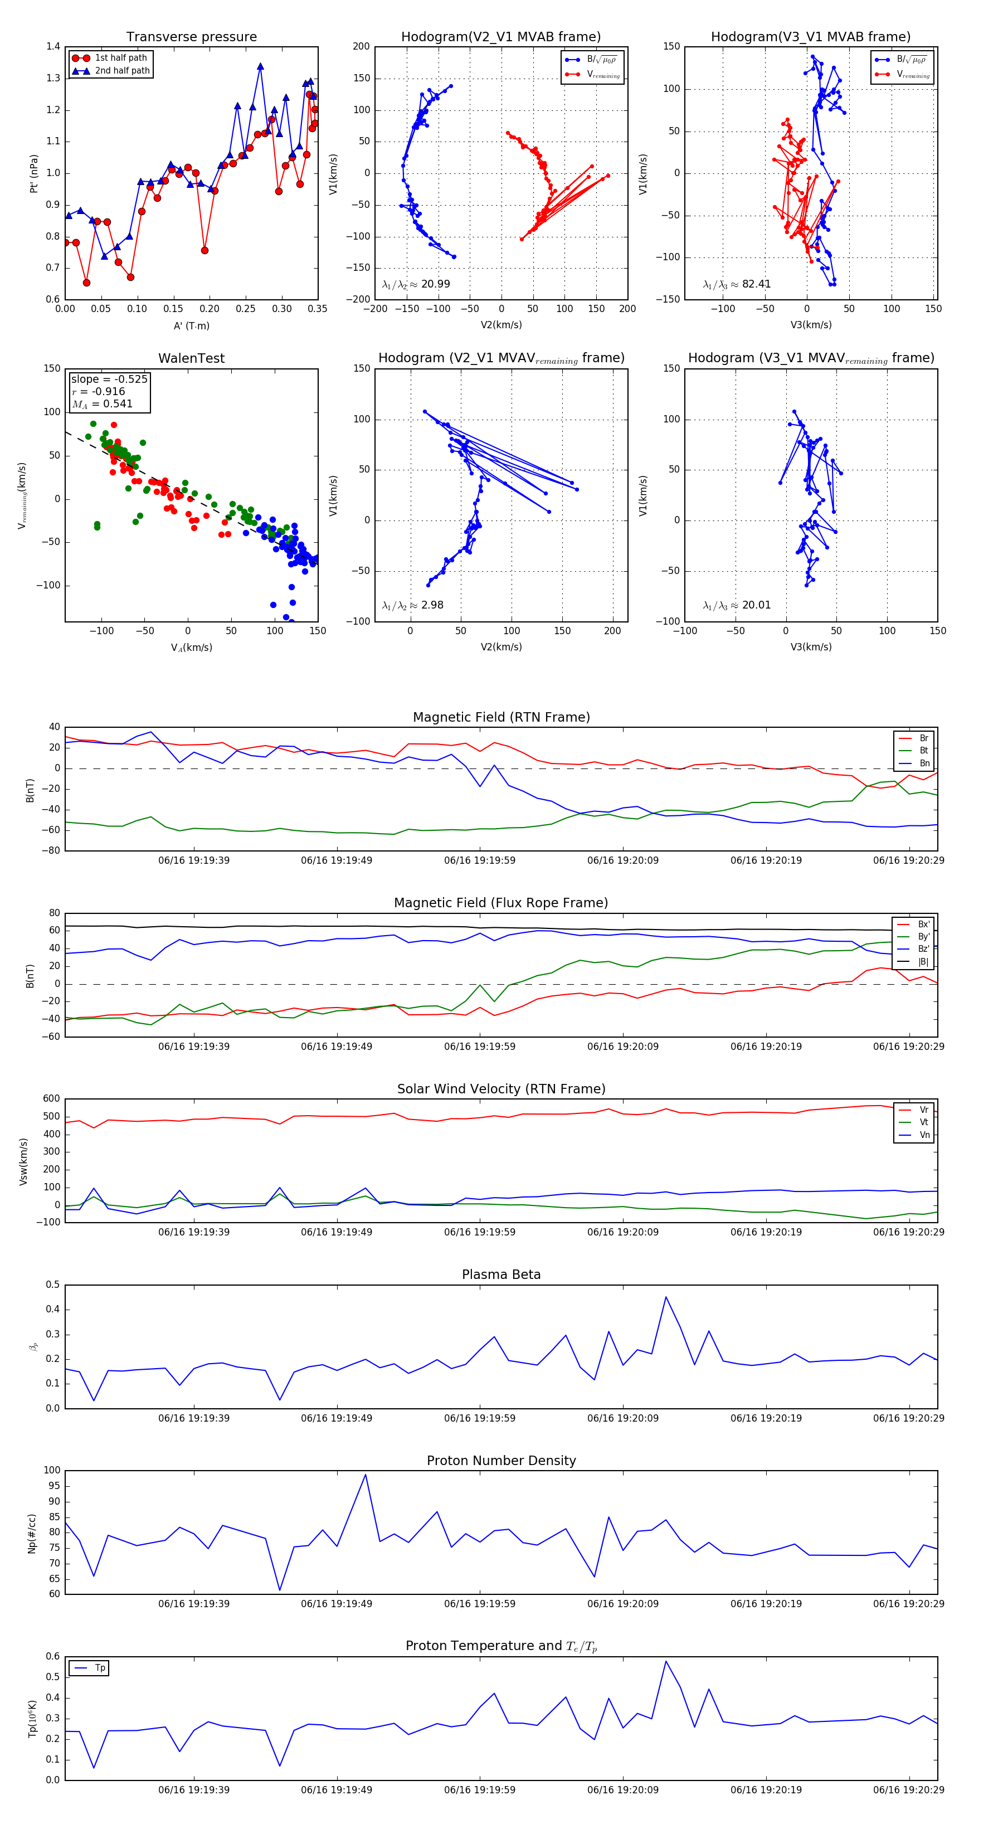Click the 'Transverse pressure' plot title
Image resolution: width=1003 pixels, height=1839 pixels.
coord(191,37)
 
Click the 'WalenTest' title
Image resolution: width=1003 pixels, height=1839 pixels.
coord(191,358)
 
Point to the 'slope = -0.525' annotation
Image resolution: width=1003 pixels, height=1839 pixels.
coord(109,379)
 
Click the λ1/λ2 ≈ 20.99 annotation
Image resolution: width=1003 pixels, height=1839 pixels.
coord(416,284)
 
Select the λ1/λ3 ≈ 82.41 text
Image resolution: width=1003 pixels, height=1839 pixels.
coord(737,284)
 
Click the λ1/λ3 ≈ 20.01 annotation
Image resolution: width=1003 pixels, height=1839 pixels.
coord(737,605)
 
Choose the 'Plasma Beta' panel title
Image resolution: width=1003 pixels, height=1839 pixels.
coord(501,1274)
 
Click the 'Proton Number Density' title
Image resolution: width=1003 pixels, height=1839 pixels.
coord(501,1461)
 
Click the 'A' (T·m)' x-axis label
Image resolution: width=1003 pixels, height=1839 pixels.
coord(191,325)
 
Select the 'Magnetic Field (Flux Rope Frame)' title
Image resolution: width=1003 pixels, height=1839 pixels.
coord(501,903)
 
